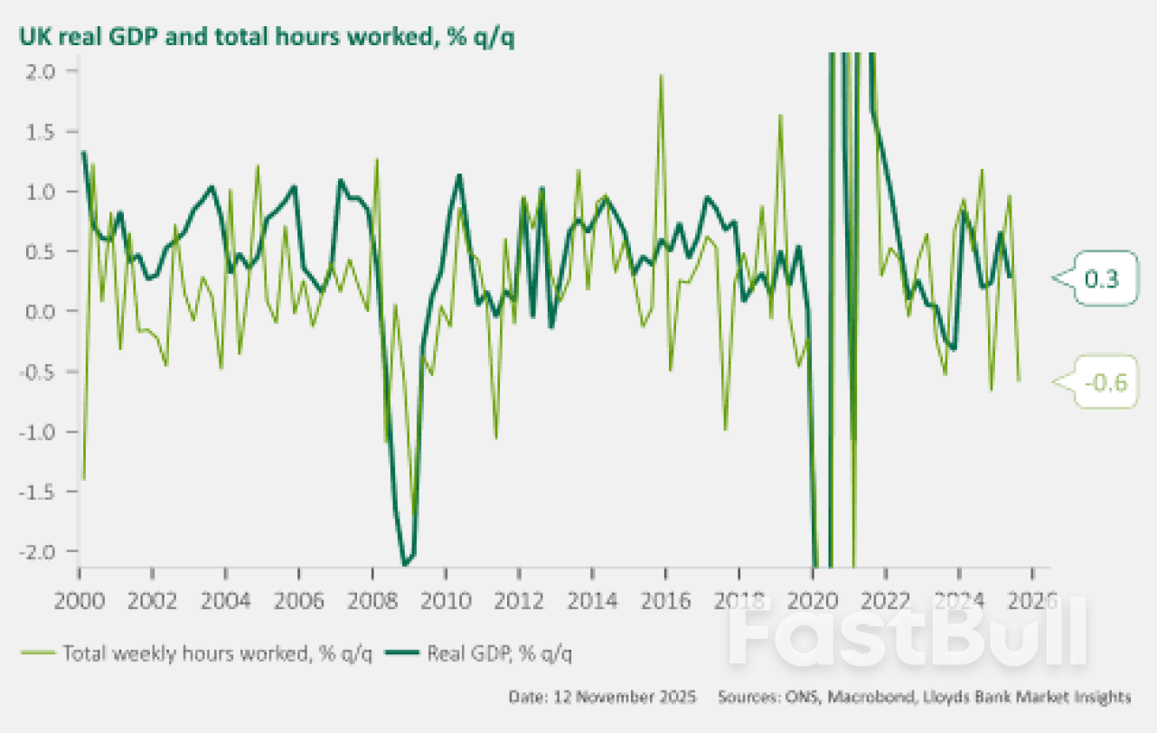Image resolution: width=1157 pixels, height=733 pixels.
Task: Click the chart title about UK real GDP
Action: (x=261, y=39)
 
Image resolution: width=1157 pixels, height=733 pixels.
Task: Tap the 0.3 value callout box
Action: (x=1101, y=279)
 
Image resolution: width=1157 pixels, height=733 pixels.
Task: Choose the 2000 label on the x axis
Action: (x=80, y=599)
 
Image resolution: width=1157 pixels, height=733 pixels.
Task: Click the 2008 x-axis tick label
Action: (x=372, y=599)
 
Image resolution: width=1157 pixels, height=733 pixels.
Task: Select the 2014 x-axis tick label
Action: (x=591, y=599)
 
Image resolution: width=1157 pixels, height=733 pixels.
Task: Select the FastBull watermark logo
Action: (x=908, y=633)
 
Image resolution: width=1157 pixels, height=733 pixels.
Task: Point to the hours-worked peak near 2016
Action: (x=662, y=75)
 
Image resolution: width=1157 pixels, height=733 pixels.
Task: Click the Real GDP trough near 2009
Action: (x=406, y=564)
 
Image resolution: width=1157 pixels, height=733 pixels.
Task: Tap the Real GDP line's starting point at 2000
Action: (x=83, y=152)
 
